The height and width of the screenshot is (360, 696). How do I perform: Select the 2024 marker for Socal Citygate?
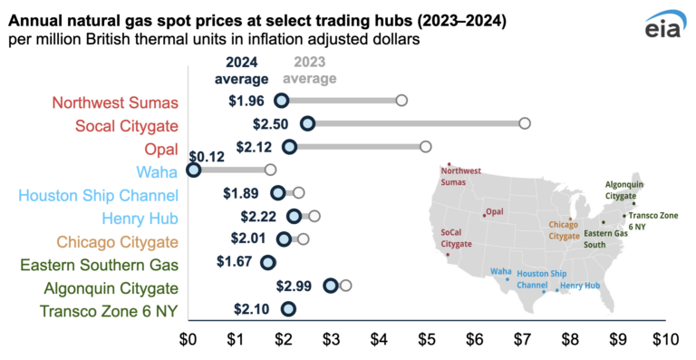coord(307,123)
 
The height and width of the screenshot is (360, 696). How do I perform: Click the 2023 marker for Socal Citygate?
coord(524,123)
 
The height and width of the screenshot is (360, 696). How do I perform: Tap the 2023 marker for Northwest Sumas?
coord(401,100)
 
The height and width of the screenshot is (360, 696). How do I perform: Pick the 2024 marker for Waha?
coord(193,170)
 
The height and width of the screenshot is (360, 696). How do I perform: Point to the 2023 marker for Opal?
coord(425,146)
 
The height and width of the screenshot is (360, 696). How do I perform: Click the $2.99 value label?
coord(295,286)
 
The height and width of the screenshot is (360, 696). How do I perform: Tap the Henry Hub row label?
coord(139,218)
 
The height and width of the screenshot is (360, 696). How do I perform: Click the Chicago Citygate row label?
coord(117,241)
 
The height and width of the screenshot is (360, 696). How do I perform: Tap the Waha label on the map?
coord(500,270)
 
